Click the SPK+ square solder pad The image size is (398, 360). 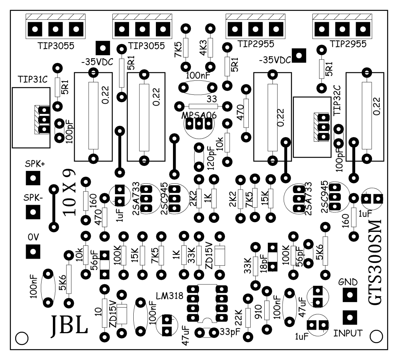click(x=33, y=178)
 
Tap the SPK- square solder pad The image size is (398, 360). click(x=33, y=212)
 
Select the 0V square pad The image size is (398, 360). click(x=33, y=252)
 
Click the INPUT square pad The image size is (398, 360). click(x=350, y=317)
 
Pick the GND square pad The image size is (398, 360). click(x=350, y=295)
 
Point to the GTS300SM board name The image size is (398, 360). click(x=375, y=263)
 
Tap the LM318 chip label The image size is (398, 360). click(x=169, y=296)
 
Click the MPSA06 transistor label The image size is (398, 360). click(x=199, y=115)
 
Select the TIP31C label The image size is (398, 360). click(x=33, y=79)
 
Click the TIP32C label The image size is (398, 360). click(x=338, y=101)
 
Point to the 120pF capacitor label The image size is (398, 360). click(x=211, y=158)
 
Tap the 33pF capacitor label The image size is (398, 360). click(x=230, y=331)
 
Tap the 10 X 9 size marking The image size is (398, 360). click(x=69, y=192)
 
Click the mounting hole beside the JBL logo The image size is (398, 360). click(x=22, y=338)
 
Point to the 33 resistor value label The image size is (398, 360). click(x=212, y=99)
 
